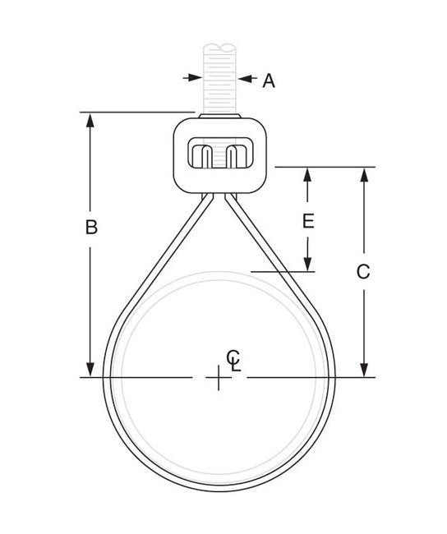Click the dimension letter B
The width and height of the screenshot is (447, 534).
(92, 228)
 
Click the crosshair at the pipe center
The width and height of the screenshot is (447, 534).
(218, 378)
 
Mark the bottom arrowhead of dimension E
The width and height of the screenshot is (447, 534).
(307, 264)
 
